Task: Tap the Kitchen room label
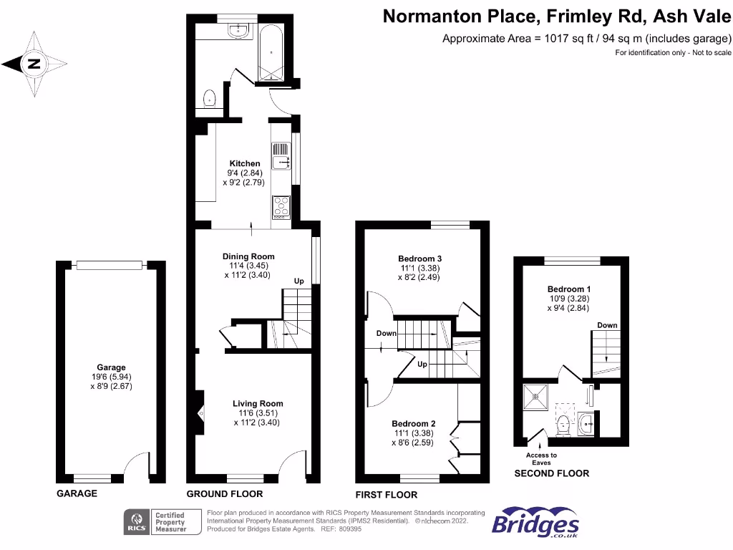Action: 245,164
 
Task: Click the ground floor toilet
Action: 210,98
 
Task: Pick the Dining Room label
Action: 248,256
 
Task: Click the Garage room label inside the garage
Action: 111,368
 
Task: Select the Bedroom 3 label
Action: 420,259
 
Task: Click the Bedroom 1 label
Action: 564,289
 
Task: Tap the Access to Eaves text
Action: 541,459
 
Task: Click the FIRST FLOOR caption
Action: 387,495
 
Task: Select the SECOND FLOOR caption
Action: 552,473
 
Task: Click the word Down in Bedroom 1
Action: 607,325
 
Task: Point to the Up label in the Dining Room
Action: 299,281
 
